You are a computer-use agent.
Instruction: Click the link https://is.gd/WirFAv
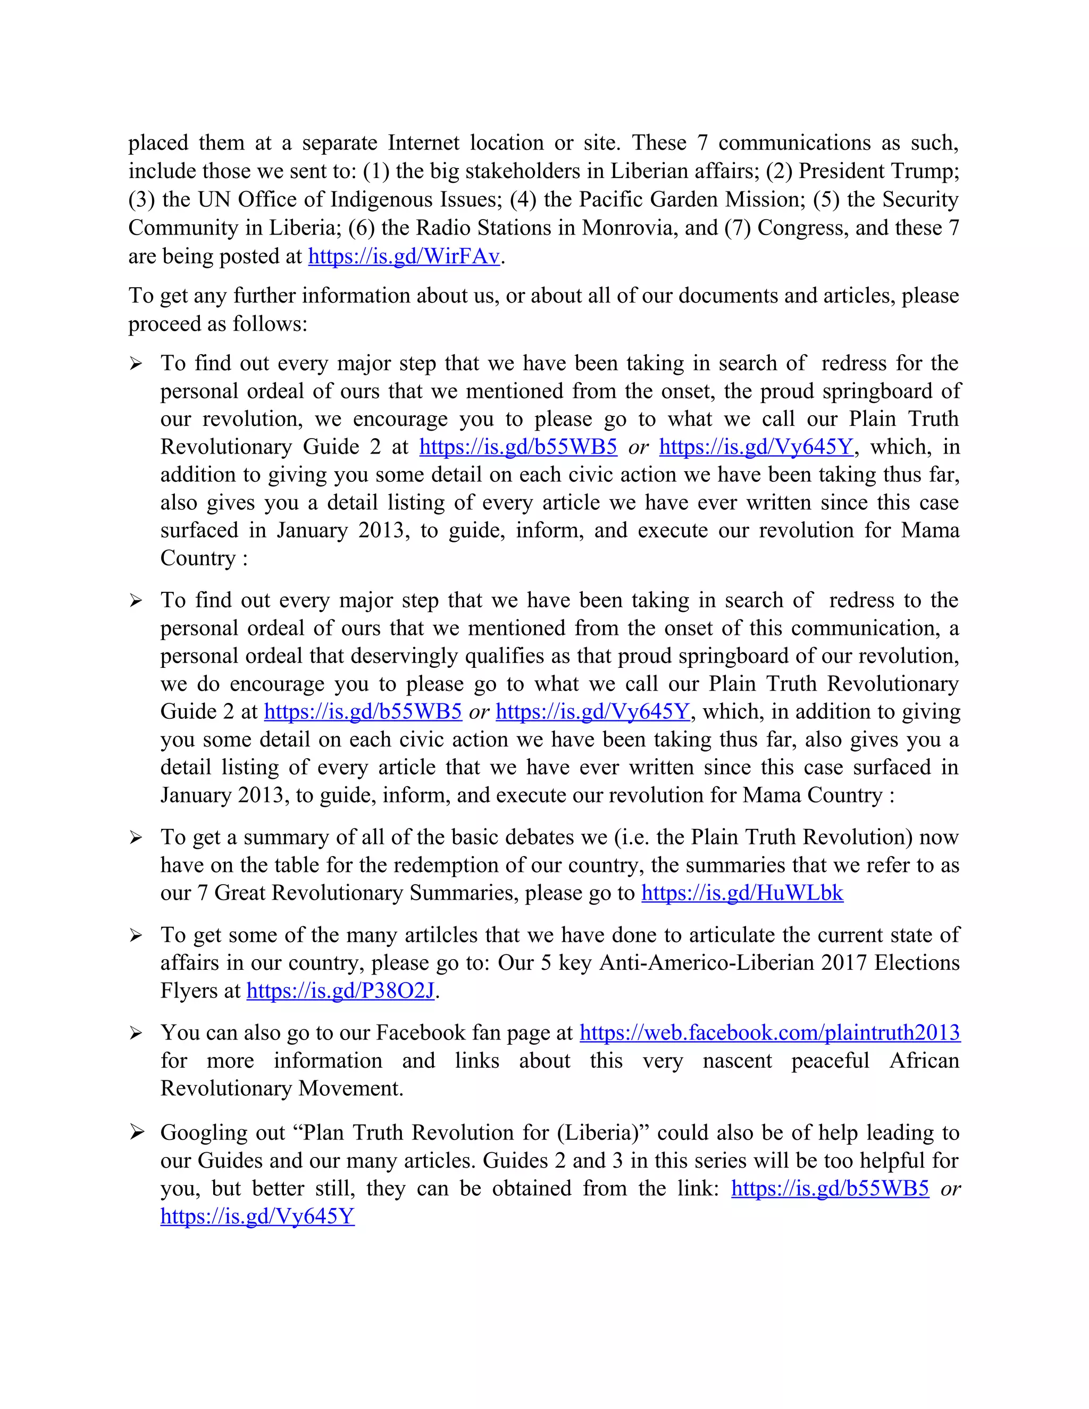click(404, 257)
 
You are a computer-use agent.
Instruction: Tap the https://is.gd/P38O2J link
click(341, 991)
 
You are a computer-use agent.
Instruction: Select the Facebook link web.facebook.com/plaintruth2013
click(769, 1033)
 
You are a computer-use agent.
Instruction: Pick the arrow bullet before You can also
click(136, 1034)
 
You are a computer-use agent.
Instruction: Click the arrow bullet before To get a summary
click(136, 837)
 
